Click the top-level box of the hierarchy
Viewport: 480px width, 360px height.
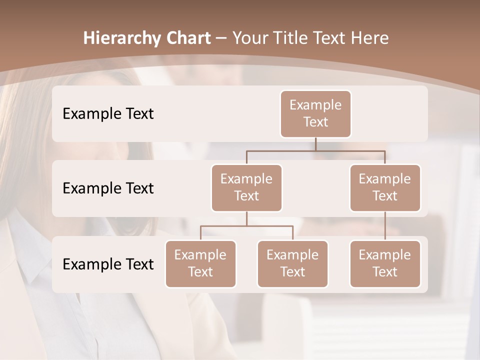tap(315, 113)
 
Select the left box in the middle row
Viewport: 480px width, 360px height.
tap(246, 187)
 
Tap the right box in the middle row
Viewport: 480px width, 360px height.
tap(385, 187)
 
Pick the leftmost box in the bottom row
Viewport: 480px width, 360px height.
tap(200, 263)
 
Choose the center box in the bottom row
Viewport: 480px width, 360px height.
tap(292, 263)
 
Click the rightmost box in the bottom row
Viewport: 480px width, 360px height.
tap(385, 263)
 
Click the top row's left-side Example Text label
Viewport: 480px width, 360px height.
tap(108, 114)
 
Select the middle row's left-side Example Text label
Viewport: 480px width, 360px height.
tap(108, 188)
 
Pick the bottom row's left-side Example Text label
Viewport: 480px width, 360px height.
tap(108, 264)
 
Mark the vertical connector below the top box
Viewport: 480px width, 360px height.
tap(315, 144)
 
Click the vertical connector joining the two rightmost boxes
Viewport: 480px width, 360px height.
tap(385, 226)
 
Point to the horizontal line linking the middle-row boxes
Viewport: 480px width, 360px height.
tap(315, 150)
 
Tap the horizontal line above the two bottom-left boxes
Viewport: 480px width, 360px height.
tap(246, 226)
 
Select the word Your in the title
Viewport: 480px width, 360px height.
tap(248, 38)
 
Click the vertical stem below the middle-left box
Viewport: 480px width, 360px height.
tap(246, 219)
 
